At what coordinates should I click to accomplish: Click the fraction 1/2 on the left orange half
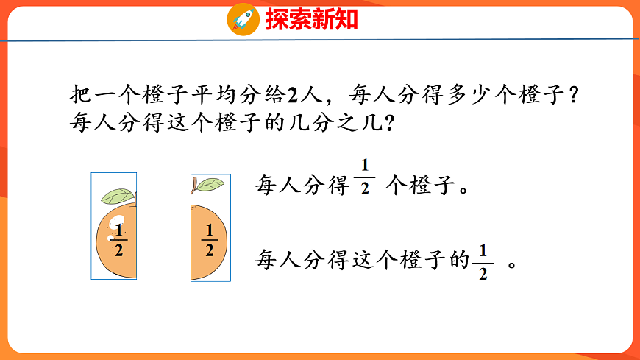tap(119, 240)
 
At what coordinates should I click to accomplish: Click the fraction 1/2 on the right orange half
tap(210, 240)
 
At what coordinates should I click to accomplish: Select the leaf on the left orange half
tap(117, 196)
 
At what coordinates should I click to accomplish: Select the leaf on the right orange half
tap(210, 184)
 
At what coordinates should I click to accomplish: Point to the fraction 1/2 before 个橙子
tap(364, 176)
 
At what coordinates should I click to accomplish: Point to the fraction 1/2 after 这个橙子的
tap(483, 261)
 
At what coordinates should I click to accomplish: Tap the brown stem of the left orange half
tap(135, 198)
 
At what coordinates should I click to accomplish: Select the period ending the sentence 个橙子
tap(463, 187)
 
